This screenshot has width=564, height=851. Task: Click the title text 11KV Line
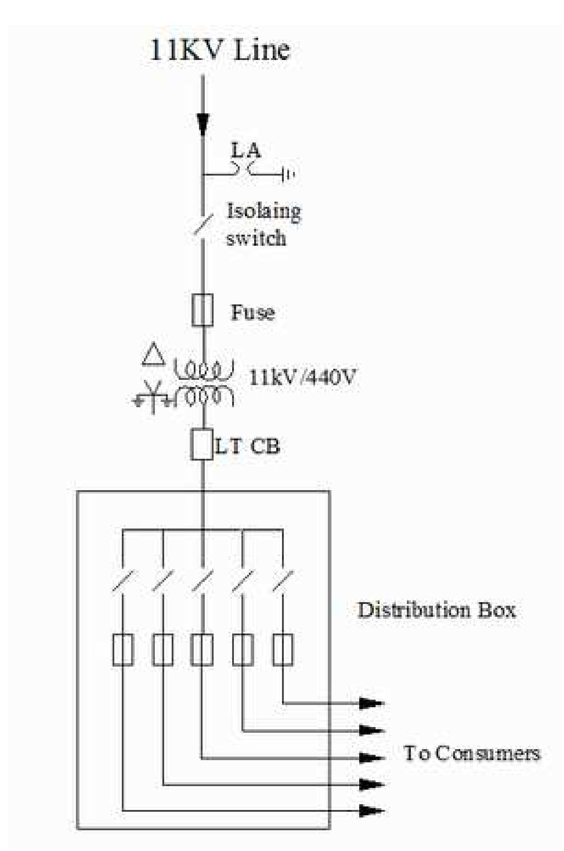pyautogui.click(x=220, y=51)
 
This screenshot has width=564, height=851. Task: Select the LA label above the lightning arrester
pyautogui.click(x=246, y=151)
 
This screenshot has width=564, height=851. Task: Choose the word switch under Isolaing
pyautogui.click(x=256, y=238)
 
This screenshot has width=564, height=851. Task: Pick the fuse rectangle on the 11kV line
pyautogui.click(x=203, y=310)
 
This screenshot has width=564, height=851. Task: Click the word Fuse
pyautogui.click(x=253, y=312)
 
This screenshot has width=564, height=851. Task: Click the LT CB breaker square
pyautogui.click(x=203, y=444)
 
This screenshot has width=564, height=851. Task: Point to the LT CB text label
pyautogui.click(x=248, y=446)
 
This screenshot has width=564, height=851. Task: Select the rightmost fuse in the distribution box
pyautogui.click(x=283, y=649)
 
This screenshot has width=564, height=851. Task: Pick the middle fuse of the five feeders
pyautogui.click(x=202, y=649)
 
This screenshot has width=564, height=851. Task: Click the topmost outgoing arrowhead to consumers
pyautogui.click(x=370, y=704)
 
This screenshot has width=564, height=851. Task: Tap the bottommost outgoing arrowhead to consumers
pyautogui.click(x=370, y=810)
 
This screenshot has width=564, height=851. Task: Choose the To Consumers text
pyautogui.click(x=472, y=753)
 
